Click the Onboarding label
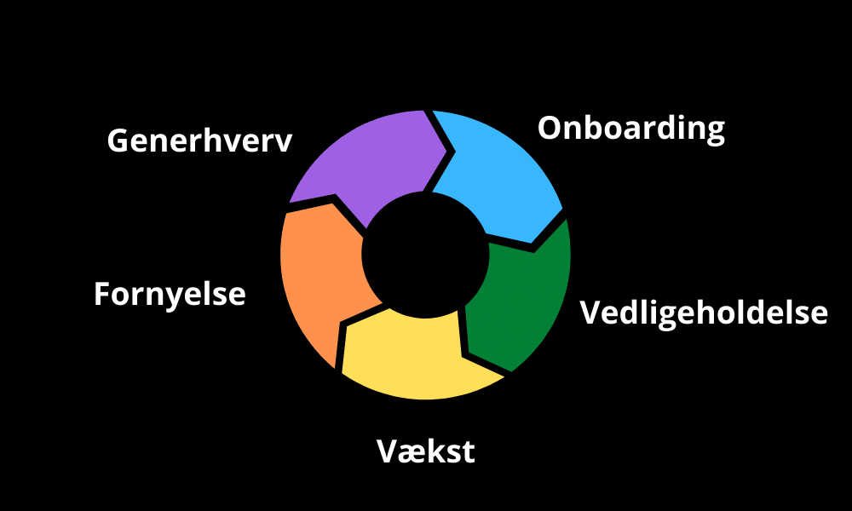coord(631,129)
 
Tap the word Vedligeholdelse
coord(704,313)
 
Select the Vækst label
coord(425,451)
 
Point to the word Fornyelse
coord(170,295)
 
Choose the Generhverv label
coord(199,141)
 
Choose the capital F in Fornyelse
coord(102,295)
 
